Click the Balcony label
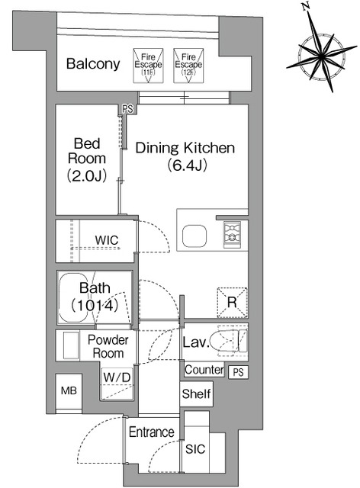[x=93, y=64]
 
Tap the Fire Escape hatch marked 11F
[x=148, y=66]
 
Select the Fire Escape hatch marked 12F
[x=188, y=66]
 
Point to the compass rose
[x=321, y=56]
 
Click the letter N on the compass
[x=307, y=6]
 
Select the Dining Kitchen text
[x=185, y=147]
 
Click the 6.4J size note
[x=187, y=165]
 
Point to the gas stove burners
[x=233, y=234]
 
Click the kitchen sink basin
[x=194, y=236]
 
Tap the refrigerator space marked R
[x=233, y=303]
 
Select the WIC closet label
[x=107, y=240]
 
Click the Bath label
[x=95, y=288]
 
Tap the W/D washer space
[x=117, y=384]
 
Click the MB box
[x=69, y=391]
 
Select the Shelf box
[x=196, y=393]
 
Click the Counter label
[x=204, y=370]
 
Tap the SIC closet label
[x=195, y=449]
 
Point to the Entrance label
[x=152, y=432]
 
